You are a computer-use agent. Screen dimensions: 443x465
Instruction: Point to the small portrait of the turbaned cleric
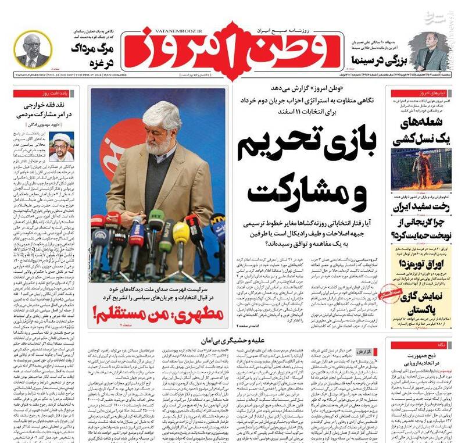click(x=62, y=146)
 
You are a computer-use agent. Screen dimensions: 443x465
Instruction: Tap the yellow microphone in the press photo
click(x=181, y=233)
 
